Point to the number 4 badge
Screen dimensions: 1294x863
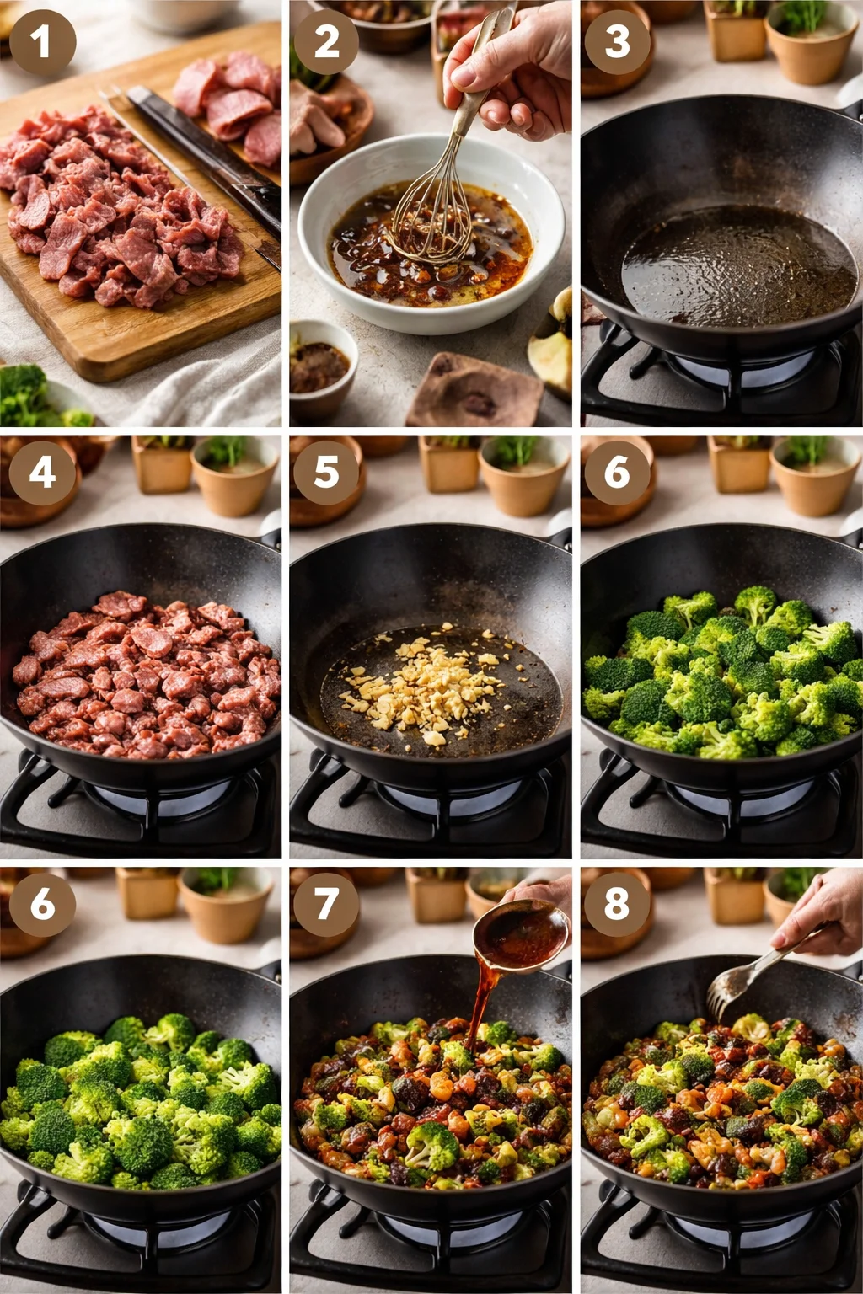click(x=42, y=472)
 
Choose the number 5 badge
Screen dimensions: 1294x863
click(x=326, y=472)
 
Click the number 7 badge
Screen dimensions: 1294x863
click(x=326, y=903)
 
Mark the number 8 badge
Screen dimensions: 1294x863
click(x=617, y=903)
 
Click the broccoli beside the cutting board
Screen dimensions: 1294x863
click(x=29, y=396)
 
